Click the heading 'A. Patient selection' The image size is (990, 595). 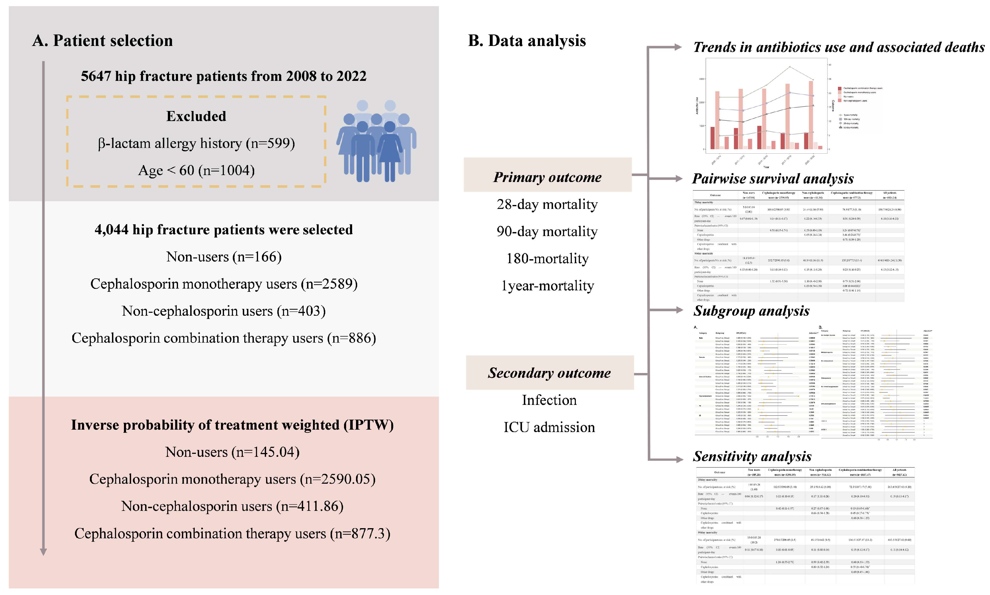click(x=102, y=41)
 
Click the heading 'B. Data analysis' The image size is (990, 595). click(x=527, y=41)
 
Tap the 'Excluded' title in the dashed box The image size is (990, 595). click(x=196, y=116)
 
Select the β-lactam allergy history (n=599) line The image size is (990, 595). click(x=196, y=143)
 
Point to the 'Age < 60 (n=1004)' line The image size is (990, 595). click(x=196, y=170)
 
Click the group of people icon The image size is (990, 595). click(x=376, y=141)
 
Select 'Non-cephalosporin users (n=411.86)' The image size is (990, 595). click(x=232, y=506)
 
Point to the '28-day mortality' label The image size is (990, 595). click(x=547, y=204)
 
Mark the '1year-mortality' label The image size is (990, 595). click(x=547, y=286)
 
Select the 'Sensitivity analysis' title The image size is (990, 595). click(x=752, y=456)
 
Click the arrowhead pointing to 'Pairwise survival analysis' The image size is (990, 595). click(x=679, y=178)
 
